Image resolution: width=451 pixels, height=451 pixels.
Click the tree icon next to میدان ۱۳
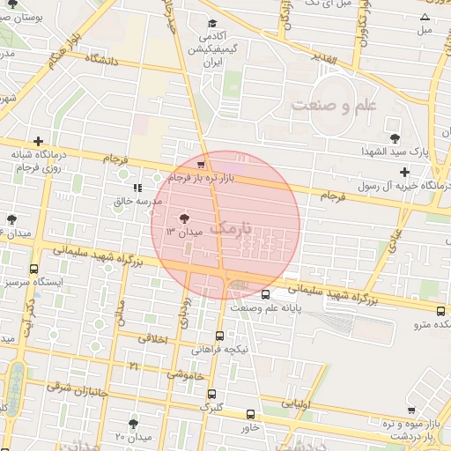pyautogui.click(x=184, y=218)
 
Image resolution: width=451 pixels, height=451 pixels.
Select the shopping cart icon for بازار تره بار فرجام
pyautogui.click(x=202, y=165)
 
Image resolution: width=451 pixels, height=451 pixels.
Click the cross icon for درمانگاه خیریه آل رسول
pyautogui.click(x=404, y=172)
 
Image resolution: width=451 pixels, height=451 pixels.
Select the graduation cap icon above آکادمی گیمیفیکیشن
pyautogui.click(x=211, y=24)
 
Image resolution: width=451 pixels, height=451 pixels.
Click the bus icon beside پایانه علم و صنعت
pyautogui.click(x=266, y=295)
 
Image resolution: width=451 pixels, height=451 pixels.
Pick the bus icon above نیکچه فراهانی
pyautogui.click(x=219, y=335)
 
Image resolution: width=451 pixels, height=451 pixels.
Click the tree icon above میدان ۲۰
pyautogui.click(x=133, y=424)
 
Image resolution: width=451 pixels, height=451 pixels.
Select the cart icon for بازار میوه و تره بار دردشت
pyautogui.click(x=411, y=410)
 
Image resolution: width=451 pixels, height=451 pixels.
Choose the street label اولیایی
pyautogui.click(x=295, y=403)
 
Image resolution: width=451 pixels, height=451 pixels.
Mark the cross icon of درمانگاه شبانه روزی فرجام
pyautogui.click(x=38, y=141)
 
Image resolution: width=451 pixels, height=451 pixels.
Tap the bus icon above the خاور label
pyautogui.click(x=251, y=414)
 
